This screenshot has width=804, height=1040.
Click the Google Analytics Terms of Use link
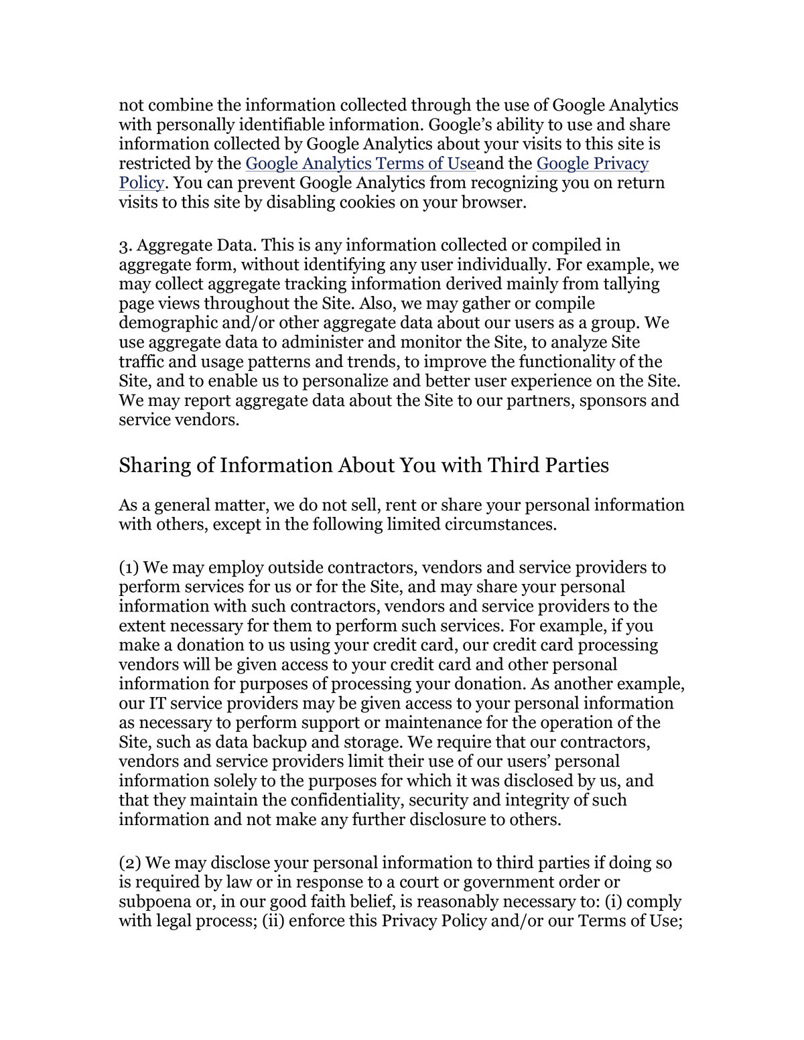tap(360, 164)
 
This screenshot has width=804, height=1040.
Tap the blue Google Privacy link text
tap(592, 164)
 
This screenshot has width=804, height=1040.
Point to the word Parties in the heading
tap(576, 465)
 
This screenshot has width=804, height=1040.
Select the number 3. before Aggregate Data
tap(126, 246)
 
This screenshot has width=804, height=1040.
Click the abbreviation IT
tap(148, 704)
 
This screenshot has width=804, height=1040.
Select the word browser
tap(492, 203)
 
